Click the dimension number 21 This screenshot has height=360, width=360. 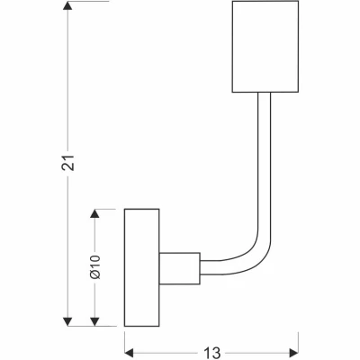click(68, 163)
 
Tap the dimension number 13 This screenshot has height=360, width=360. click(212, 353)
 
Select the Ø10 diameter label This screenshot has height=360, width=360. click(94, 267)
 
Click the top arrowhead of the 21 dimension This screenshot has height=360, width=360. click(67, 6)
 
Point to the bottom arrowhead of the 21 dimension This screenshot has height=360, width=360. click(67, 321)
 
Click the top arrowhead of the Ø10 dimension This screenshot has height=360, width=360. click(94, 213)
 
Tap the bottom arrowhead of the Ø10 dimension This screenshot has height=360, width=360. click(94, 321)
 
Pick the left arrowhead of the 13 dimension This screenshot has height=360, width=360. click(130, 353)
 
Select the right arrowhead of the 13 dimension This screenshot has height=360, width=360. click(293, 353)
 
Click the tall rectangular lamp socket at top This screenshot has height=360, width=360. click(265, 46)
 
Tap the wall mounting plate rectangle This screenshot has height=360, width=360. click(141, 267)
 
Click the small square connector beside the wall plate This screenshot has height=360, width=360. click(179, 268)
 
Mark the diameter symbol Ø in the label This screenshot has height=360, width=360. click(94, 274)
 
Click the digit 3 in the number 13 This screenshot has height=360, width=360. click(216, 353)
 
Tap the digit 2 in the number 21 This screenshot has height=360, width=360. click(68, 167)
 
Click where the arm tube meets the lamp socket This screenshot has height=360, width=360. click(265, 92)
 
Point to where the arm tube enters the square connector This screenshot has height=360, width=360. click(201, 267)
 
